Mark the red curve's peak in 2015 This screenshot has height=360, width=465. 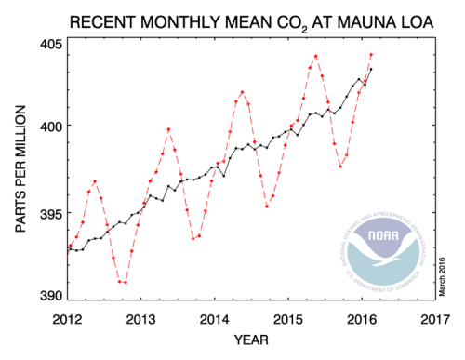click(x=316, y=56)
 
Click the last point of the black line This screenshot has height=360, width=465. click(x=371, y=69)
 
